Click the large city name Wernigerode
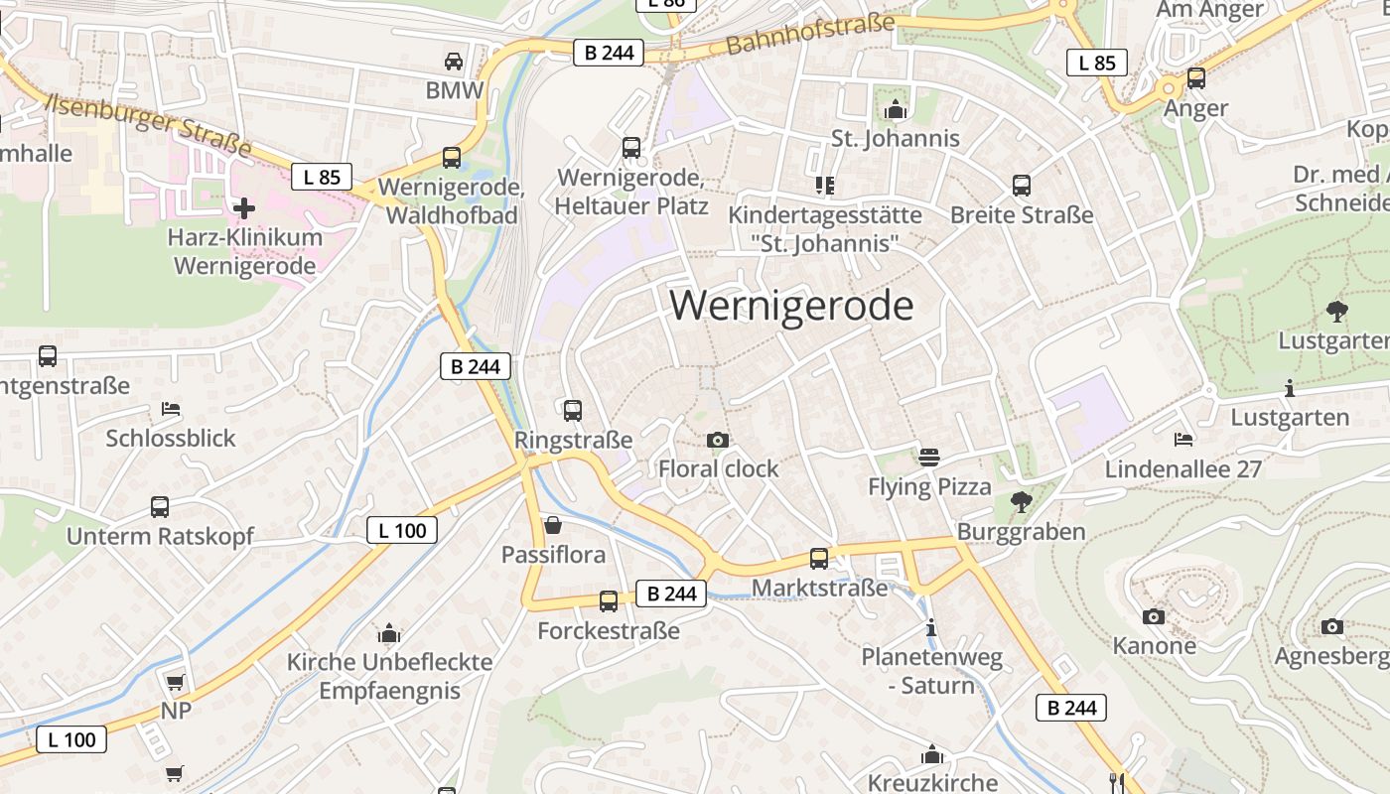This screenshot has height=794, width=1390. coord(791,305)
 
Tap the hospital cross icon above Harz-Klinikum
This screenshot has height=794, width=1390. coord(244,208)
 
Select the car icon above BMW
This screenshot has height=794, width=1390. coord(454,62)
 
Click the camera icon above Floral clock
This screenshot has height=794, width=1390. coord(718,440)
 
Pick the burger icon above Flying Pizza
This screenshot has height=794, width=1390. coord(929,458)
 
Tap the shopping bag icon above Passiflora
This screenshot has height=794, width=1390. coord(553,525)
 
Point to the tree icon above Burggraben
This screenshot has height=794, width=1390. coord(1021,502)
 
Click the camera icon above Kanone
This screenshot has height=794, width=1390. coord(1153,617)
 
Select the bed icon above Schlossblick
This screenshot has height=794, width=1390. coord(171,409)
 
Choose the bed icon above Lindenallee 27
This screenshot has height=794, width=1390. coord(1182,439)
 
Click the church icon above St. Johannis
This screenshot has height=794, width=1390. coord(896,109)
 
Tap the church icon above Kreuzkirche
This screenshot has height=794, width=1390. coord(931,755)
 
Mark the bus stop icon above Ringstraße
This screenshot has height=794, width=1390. coord(573,411)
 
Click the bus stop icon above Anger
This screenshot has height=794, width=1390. coord(1196,78)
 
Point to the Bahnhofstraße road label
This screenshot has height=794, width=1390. coord(810,35)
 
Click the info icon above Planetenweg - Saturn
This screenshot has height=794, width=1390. coord(931,627)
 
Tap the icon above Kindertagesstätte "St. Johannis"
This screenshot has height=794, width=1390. coord(824,185)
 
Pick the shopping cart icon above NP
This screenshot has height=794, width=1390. coord(176,682)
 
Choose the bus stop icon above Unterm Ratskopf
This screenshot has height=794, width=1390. coord(160,507)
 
